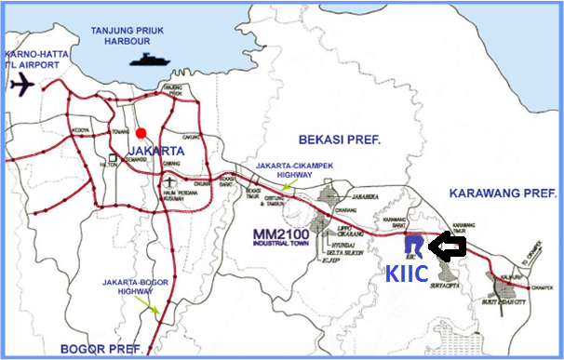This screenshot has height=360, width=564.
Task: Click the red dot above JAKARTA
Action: point(141,132)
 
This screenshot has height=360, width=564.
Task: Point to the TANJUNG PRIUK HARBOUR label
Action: point(133,34)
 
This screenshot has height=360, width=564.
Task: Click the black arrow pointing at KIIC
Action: point(451,247)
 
